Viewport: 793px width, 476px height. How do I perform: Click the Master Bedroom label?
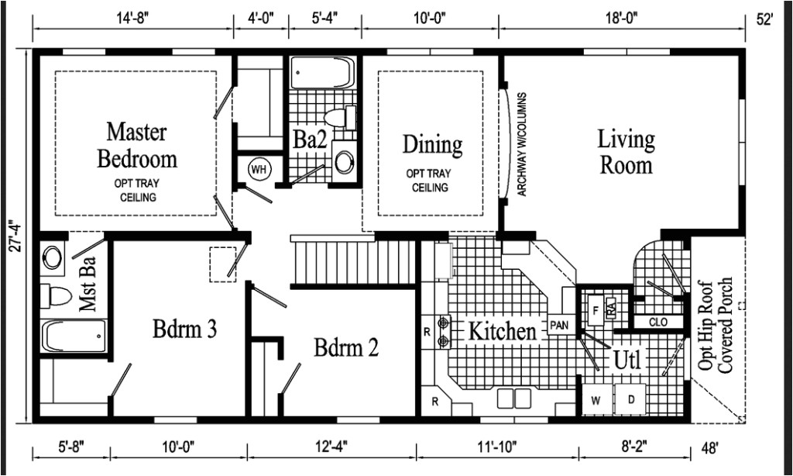(136, 145)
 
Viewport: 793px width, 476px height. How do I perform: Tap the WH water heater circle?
(259, 169)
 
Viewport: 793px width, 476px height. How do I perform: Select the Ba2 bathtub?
(322, 73)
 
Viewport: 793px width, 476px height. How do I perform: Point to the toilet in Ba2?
(340, 118)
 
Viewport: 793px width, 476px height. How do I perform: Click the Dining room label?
(432, 145)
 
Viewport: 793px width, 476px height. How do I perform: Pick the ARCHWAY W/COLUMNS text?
(522, 144)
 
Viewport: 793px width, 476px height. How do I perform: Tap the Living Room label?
(626, 152)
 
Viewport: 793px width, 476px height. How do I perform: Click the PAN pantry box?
(560, 325)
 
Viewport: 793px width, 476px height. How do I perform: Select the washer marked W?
(596, 400)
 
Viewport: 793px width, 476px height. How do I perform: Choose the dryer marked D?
(630, 399)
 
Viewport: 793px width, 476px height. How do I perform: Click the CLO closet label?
(658, 322)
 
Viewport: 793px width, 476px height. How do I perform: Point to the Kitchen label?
(502, 332)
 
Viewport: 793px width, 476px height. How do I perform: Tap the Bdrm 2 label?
(346, 348)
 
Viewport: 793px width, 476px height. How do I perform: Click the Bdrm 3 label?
(184, 329)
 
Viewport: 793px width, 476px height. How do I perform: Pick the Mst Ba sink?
(52, 257)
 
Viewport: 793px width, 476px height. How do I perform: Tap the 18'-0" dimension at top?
(621, 19)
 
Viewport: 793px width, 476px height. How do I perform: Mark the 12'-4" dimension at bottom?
(331, 447)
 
